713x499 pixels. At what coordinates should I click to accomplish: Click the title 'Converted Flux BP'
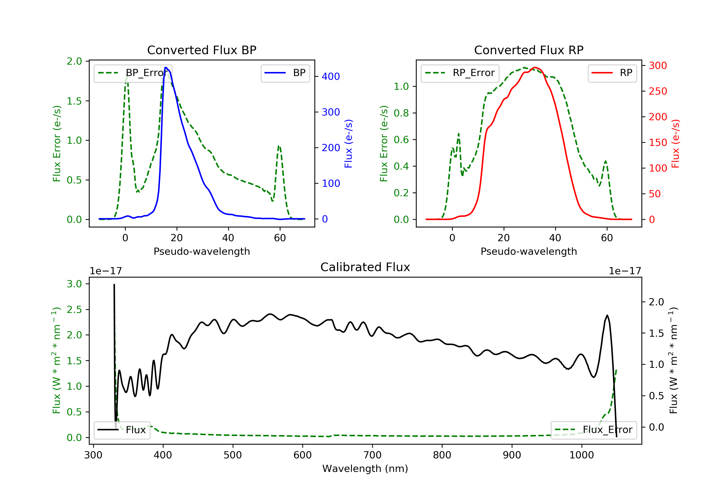coord(202,50)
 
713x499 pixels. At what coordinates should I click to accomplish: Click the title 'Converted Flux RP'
coord(529,50)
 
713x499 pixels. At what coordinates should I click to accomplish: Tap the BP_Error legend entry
coord(133,73)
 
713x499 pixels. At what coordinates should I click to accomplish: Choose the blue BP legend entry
coord(285,73)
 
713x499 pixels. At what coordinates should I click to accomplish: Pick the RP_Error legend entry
coord(460,73)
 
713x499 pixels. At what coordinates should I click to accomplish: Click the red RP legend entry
coord(612,73)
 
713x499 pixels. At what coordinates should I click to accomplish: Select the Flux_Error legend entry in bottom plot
coord(593,430)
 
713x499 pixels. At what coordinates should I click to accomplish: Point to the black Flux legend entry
coord(122,430)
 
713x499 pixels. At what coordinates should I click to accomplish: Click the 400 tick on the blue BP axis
coord(331,76)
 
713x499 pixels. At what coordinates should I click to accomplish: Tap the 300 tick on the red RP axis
coord(658,66)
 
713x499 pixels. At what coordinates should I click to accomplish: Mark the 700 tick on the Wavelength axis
coord(372,455)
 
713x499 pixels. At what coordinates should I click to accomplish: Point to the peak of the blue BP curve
coord(165,67)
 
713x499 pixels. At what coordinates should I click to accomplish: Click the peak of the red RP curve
coord(535,67)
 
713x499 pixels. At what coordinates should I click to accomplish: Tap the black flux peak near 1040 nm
coord(607,316)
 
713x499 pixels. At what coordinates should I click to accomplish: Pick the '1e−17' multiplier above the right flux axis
coord(625,271)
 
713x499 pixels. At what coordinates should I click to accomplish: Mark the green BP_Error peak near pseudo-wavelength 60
coord(279,146)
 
